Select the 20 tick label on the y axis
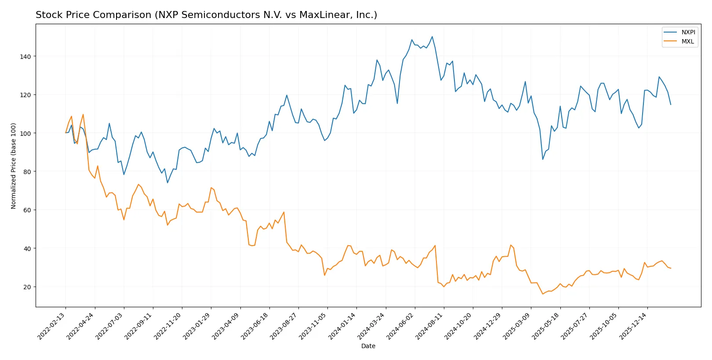coord(27,287)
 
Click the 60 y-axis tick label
coord(27,210)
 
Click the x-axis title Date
coord(368,346)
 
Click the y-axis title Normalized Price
coord(14,166)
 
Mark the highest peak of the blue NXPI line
coord(432,36)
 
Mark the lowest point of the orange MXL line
coord(543,294)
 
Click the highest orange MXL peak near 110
coord(83,114)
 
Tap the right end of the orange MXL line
coord(671,268)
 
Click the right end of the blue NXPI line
coord(671,105)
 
